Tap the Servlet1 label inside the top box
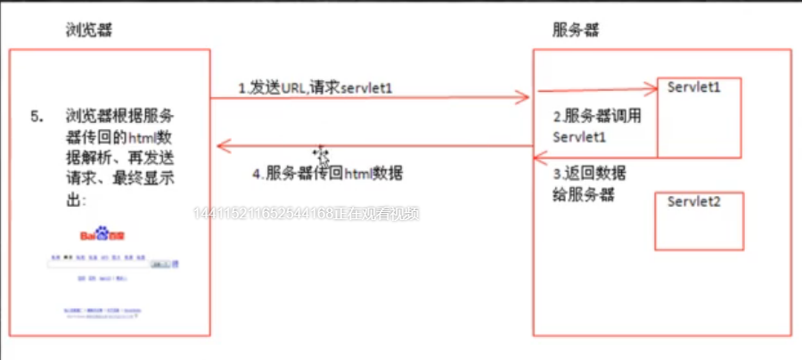click(x=693, y=88)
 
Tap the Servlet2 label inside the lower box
click(x=693, y=201)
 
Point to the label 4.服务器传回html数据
click(x=327, y=174)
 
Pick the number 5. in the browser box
click(x=37, y=116)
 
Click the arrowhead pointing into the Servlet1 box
click(x=649, y=88)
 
